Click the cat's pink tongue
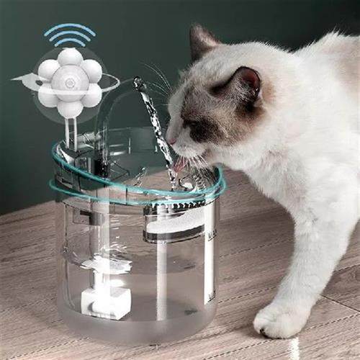pos(178,165)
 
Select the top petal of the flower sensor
pos(70,58)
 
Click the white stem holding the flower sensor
pos(71,130)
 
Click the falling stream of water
pos(160,133)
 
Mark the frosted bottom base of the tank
pos(137,328)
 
